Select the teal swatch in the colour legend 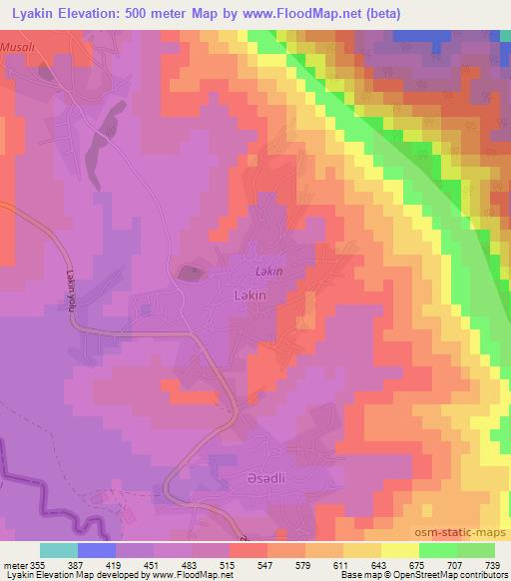59,550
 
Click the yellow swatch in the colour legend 399,550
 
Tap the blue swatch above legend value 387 97,550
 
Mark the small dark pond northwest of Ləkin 187,271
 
